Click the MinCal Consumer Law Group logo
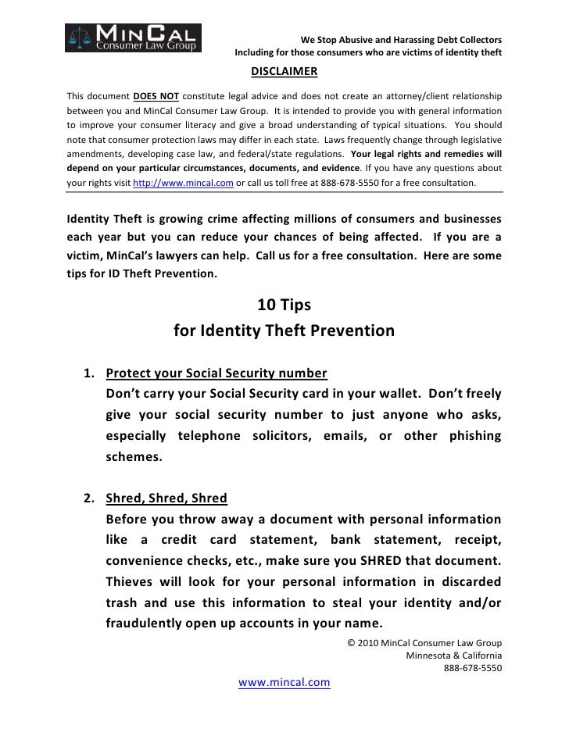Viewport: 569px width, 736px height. [134, 37]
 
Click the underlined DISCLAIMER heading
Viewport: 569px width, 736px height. [284, 73]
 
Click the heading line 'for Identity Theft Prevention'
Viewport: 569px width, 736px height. [284, 330]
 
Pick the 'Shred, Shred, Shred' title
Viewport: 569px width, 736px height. [166, 498]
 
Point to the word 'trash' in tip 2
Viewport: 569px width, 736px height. [122, 602]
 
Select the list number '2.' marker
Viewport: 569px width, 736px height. [90, 498]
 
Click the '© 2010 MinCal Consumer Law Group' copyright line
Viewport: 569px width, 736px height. [423, 642]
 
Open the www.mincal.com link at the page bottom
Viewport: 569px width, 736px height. [284, 682]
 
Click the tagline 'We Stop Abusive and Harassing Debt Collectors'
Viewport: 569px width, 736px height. [401, 40]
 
